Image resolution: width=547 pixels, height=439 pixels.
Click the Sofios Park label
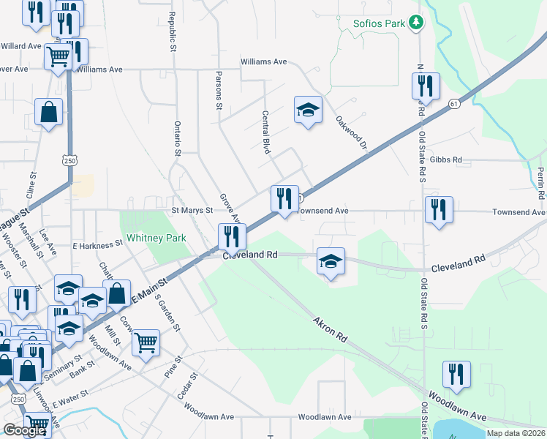(x=379, y=23)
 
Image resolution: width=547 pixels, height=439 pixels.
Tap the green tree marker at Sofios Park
(x=416, y=23)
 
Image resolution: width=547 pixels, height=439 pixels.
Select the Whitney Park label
(x=156, y=238)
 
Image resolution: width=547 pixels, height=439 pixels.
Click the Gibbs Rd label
(x=446, y=160)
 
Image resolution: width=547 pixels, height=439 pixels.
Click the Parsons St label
(x=218, y=90)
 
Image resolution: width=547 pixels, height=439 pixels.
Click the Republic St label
(x=173, y=31)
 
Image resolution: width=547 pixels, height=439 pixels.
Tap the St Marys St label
(x=192, y=210)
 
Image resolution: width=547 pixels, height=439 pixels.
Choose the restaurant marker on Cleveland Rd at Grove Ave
(x=232, y=236)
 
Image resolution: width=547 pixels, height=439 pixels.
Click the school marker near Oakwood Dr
(x=308, y=110)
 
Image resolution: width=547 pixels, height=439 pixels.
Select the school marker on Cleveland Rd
(x=331, y=261)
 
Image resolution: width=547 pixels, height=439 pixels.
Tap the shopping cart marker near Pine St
(x=146, y=342)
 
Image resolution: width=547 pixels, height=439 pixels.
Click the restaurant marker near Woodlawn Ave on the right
(x=456, y=375)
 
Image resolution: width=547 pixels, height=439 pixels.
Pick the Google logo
(x=24, y=430)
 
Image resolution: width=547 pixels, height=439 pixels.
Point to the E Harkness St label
(x=97, y=244)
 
